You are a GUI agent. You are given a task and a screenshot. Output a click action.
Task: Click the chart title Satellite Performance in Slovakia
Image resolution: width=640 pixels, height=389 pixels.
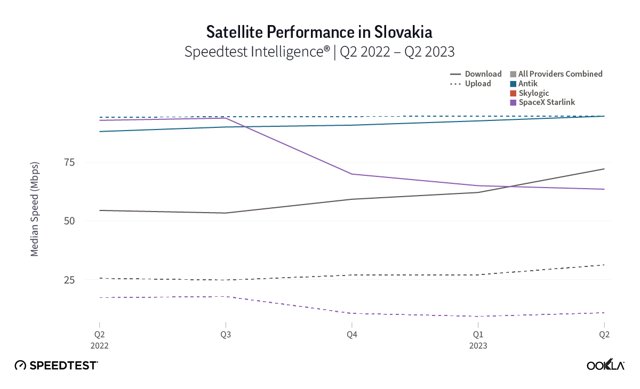pos(319,32)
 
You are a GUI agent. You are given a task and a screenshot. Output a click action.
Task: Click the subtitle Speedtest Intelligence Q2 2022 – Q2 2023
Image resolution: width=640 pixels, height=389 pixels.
pos(319,52)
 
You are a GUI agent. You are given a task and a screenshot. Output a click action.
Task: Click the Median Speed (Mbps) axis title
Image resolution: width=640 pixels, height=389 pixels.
pos(35,209)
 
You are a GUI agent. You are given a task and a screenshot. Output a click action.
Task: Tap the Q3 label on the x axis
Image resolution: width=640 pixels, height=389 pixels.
pos(225,335)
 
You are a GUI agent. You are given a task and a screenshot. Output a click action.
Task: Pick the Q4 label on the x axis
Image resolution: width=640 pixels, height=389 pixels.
pos(351,335)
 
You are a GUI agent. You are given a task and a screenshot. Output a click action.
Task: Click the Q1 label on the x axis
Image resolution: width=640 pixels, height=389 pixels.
pos(478,335)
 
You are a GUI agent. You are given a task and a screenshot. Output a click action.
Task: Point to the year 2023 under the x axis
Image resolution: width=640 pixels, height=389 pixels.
pos(478,345)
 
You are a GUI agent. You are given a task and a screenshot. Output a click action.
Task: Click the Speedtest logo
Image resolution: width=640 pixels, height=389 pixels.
pos(56,365)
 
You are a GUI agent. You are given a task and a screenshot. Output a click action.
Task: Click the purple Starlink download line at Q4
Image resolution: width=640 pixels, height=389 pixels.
pos(351,174)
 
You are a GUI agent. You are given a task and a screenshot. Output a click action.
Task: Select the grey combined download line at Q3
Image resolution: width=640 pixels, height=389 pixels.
pos(225,213)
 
